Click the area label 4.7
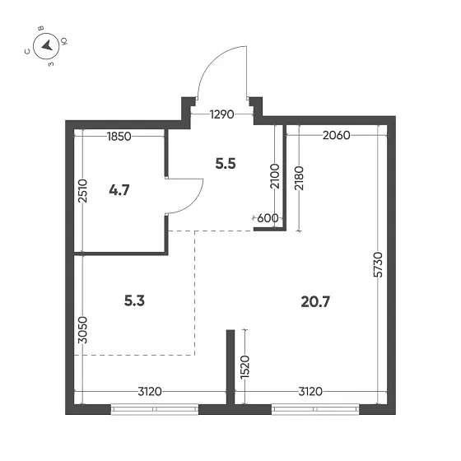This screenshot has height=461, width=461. point(120,191)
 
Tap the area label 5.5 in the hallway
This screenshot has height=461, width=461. point(225,163)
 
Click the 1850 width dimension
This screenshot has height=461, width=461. point(120,137)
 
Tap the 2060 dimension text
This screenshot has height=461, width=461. point(338,137)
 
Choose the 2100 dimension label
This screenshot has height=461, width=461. point(275,179)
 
